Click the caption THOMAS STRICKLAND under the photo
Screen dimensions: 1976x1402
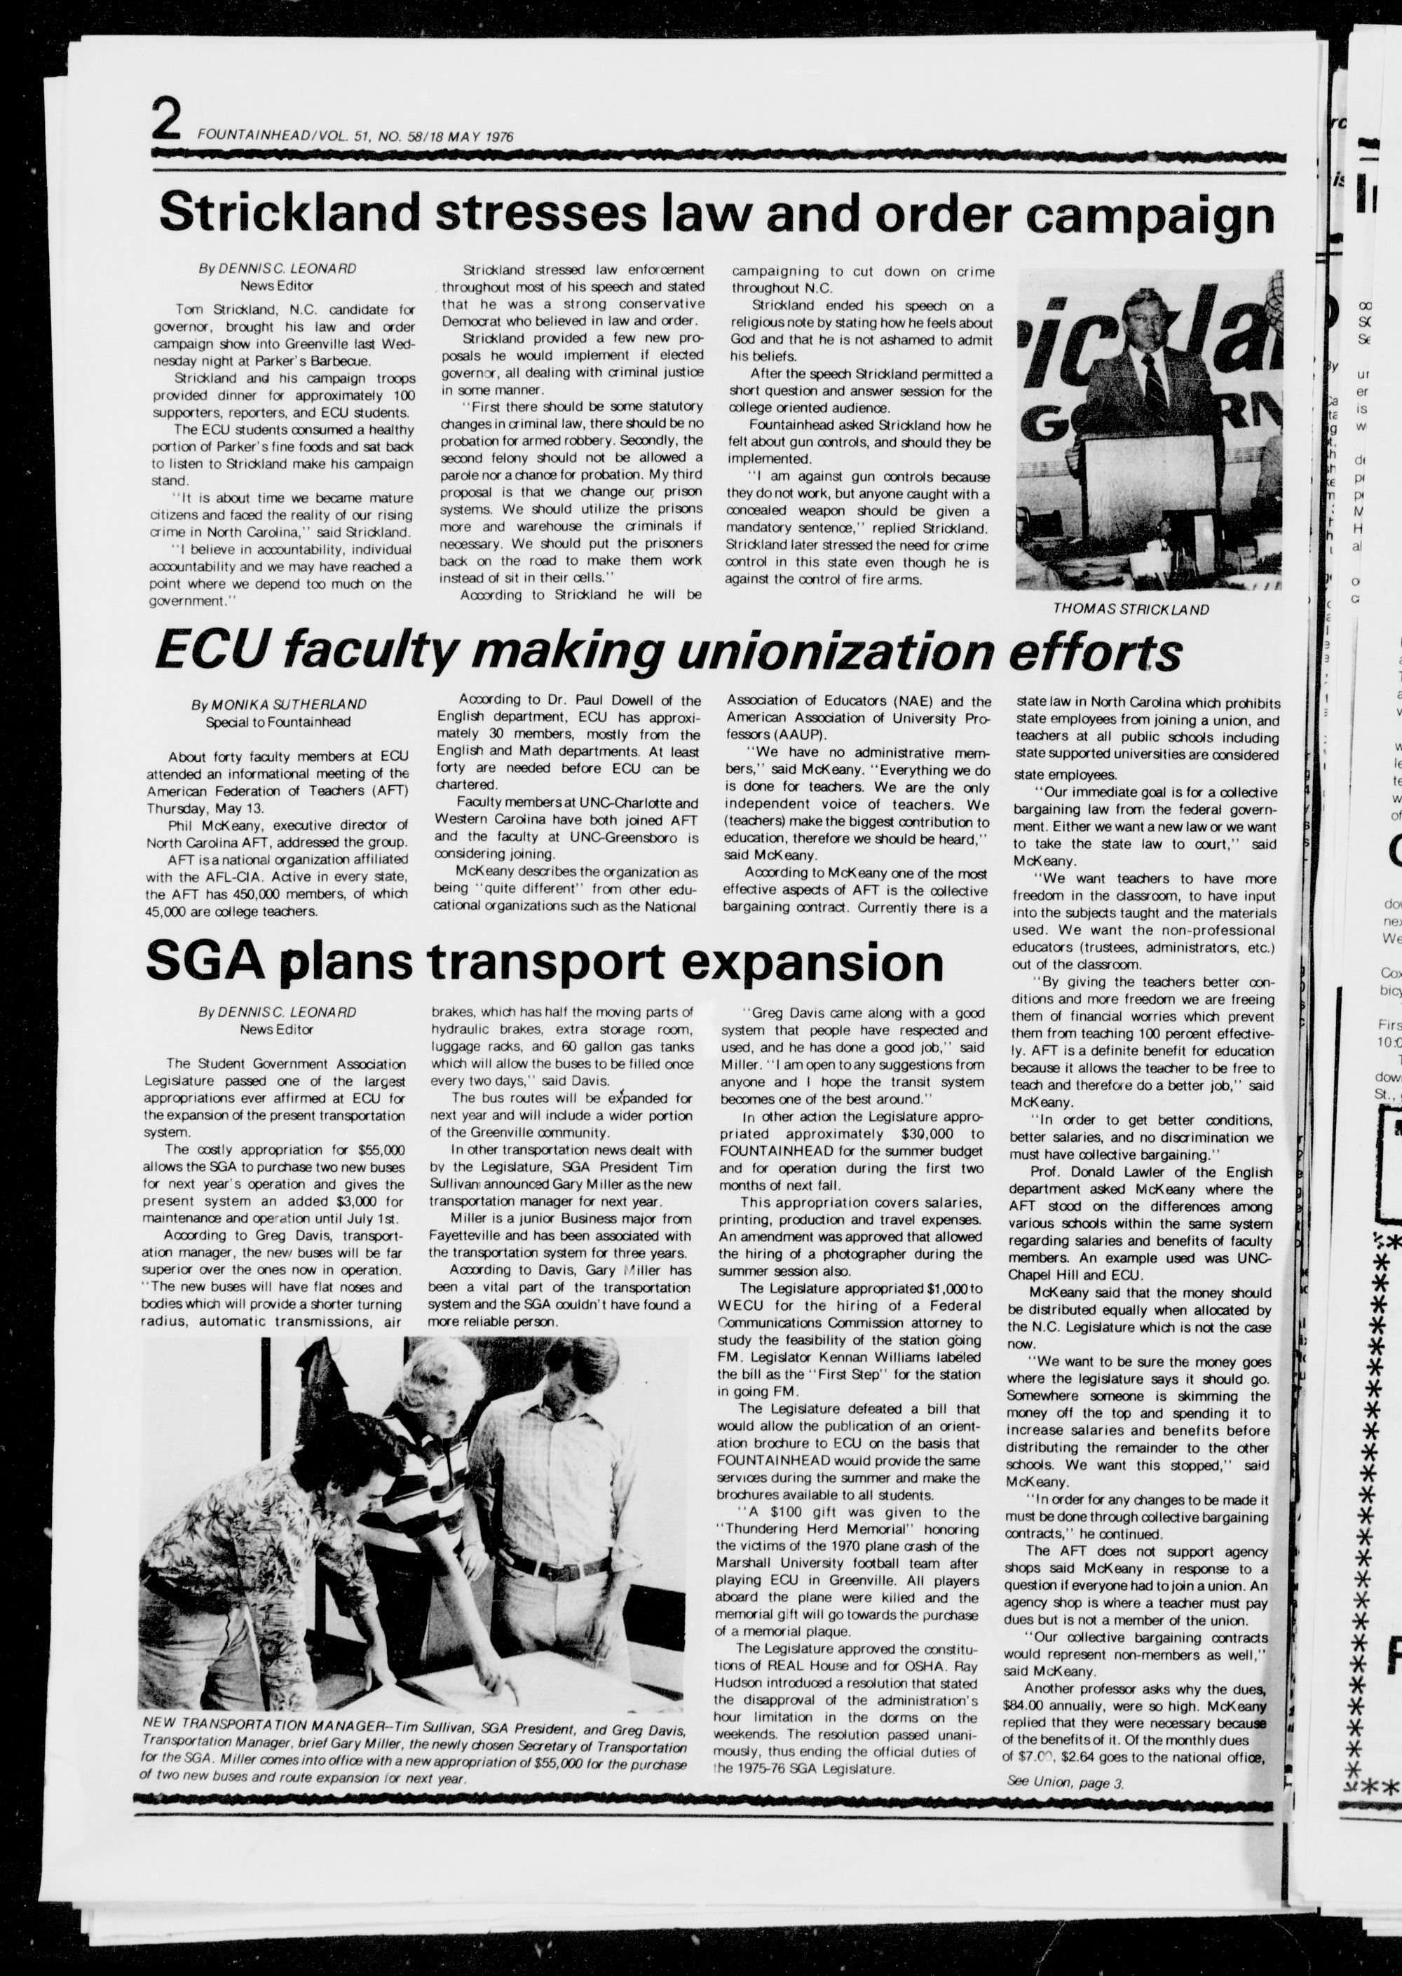tap(1130, 608)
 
